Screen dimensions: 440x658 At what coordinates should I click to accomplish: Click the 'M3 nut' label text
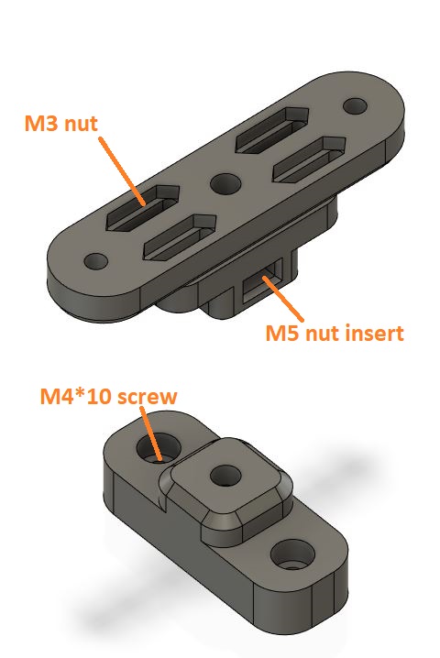pyautogui.click(x=60, y=124)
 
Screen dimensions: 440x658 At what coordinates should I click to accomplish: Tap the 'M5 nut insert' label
pyautogui.click(x=335, y=334)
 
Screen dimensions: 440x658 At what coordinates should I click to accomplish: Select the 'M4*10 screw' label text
pyautogui.click(x=109, y=397)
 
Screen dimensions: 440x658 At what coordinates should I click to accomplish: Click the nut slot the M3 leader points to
pyautogui.click(x=143, y=208)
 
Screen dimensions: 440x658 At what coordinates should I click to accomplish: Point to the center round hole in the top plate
pyautogui.click(x=225, y=184)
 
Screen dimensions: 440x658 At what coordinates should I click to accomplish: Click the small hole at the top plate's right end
pyautogui.click(x=355, y=105)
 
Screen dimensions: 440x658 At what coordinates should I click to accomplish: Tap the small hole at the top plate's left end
pyautogui.click(x=96, y=261)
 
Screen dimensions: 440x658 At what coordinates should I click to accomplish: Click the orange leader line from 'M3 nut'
pyautogui.click(x=122, y=170)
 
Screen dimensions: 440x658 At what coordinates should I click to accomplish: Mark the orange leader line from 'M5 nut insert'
pyautogui.click(x=282, y=298)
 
